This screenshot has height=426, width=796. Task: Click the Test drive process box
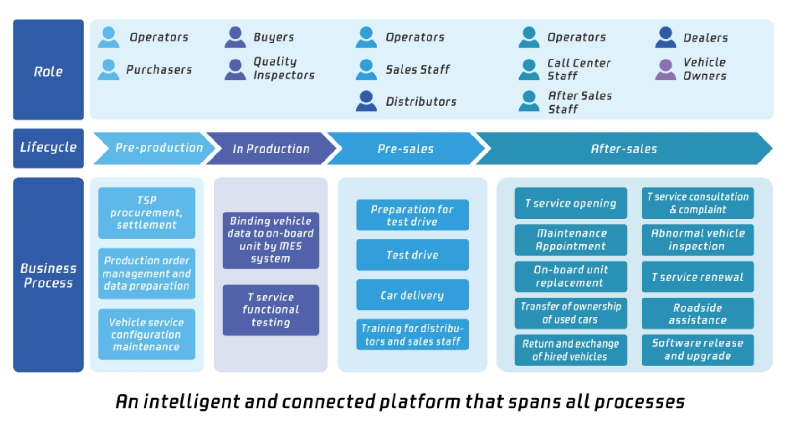[x=412, y=255]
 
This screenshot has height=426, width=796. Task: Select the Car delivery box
[x=412, y=295]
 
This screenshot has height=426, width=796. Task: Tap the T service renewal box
[x=698, y=277]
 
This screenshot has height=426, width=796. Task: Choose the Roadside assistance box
[x=698, y=314]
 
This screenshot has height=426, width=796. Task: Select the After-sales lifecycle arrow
[x=624, y=148]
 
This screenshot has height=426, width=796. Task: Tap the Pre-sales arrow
[x=406, y=148]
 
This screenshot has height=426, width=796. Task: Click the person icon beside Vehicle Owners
[x=666, y=69]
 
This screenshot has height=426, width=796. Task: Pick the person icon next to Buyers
[x=235, y=37]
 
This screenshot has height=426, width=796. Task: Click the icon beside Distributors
[x=366, y=101]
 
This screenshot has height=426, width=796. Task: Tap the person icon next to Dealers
[x=666, y=37]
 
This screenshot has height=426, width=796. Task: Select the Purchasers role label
[x=159, y=69]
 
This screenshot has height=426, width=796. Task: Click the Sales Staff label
[x=418, y=69]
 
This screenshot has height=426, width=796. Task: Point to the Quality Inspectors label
[x=283, y=68]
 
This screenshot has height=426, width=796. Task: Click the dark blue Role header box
[x=48, y=69]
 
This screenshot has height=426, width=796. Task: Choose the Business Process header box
[x=48, y=275]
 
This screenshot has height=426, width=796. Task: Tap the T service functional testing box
[x=271, y=310]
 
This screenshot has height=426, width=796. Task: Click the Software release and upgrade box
[x=698, y=350]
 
